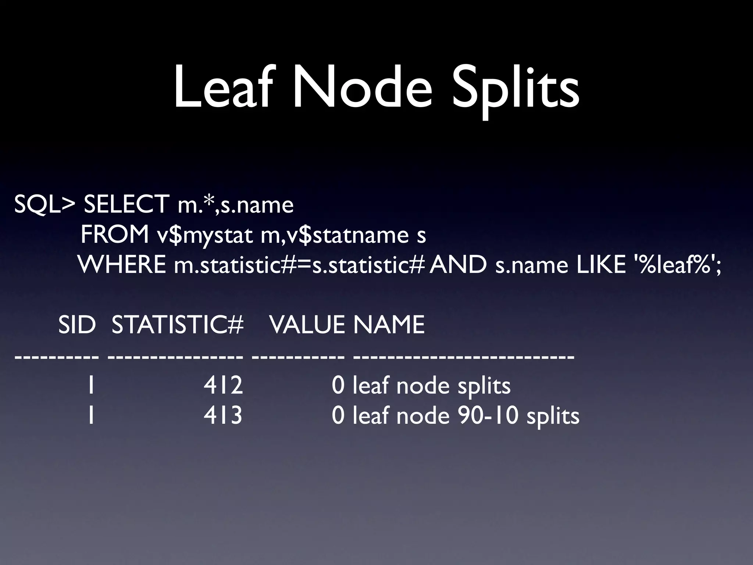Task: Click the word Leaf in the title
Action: tap(225, 88)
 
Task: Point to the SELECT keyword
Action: tap(126, 205)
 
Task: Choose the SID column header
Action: tap(77, 324)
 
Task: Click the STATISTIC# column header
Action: tap(178, 324)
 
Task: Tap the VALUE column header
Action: tap(307, 324)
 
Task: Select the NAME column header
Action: tap(389, 324)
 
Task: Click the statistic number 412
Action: tap(223, 385)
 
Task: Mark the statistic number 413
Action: tap(223, 416)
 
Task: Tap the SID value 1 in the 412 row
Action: tap(90, 385)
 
